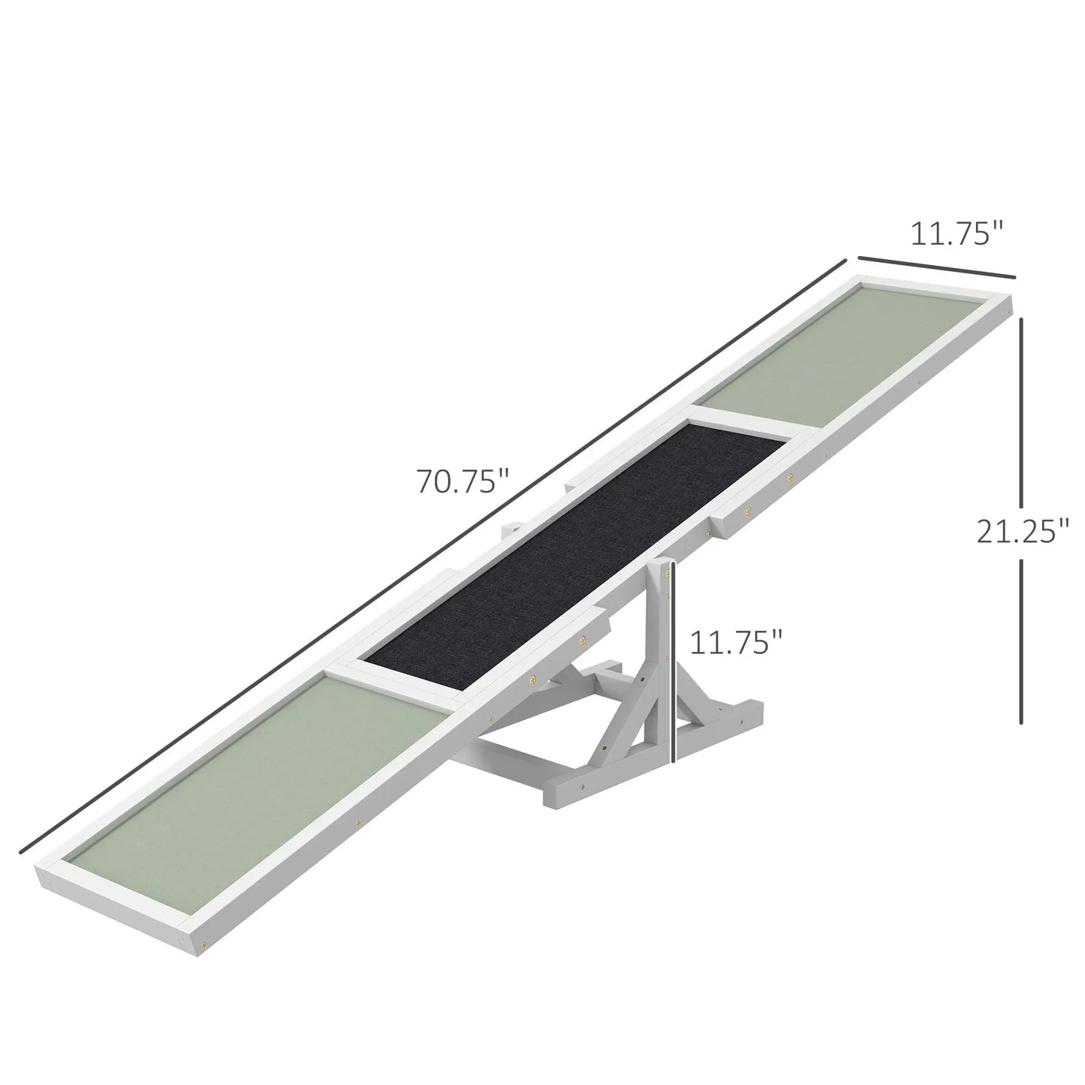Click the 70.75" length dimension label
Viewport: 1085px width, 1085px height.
coord(463,481)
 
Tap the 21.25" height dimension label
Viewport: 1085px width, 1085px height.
coord(1022,532)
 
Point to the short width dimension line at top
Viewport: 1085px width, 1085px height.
coord(936,268)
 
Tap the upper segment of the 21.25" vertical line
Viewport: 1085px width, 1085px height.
coord(1021,405)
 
